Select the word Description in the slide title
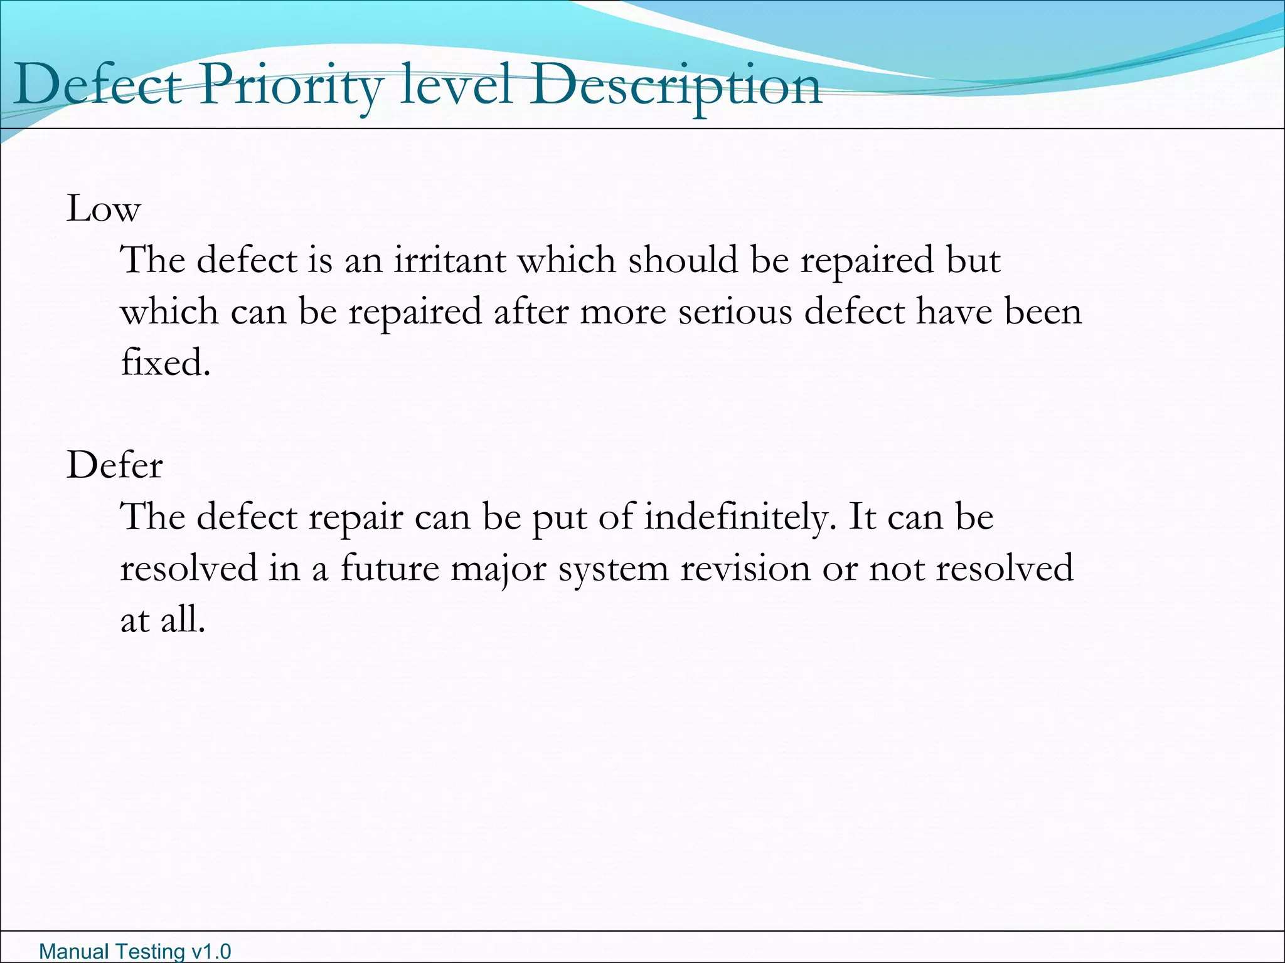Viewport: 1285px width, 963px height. [x=675, y=86]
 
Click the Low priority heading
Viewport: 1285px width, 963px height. [x=104, y=209]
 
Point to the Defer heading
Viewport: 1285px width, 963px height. [x=115, y=466]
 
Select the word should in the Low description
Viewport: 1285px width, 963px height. [x=683, y=260]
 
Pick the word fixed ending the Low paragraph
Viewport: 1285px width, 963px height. [x=165, y=363]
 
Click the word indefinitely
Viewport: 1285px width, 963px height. [x=740, y=517]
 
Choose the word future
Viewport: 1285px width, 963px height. [x=390, y=569]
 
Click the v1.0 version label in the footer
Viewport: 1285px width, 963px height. [x=211, y=952]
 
